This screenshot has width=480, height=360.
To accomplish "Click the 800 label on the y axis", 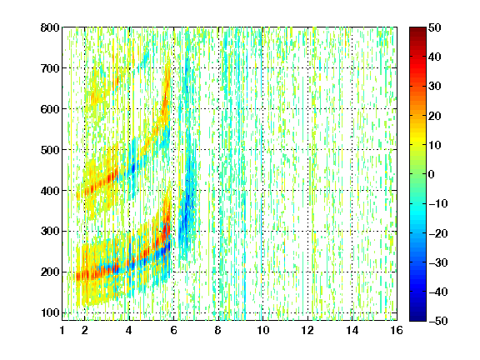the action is click(50, 27).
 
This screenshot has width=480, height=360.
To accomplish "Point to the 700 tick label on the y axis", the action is click(50, 68).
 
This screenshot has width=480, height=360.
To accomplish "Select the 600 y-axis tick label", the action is click(50, 109).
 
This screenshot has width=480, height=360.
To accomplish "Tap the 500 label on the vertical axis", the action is click(50, 150).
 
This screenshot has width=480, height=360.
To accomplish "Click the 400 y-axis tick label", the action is click(50, 191).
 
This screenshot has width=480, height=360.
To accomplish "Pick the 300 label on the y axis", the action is click(50, 232).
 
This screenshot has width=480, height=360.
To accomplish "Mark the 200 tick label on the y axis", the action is click(50, 272).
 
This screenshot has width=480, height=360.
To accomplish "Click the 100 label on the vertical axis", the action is click(50, 312).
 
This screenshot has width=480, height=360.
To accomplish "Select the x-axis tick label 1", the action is click(62, 330).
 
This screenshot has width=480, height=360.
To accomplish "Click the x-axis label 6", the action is click(174, 330).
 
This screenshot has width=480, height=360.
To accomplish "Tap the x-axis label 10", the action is click(263, 330).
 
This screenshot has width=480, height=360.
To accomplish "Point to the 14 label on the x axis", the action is click(352, 330).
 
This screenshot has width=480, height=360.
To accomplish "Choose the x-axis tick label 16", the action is click(397, 330).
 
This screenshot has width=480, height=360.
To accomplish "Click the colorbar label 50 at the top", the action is click(434, 27).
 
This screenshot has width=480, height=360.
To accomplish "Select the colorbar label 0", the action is click(432, 174).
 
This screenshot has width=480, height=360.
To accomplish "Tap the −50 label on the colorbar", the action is click(438, 321).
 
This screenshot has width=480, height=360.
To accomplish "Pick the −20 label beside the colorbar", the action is click(438, 233).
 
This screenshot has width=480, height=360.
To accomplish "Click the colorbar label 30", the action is click(434, 87).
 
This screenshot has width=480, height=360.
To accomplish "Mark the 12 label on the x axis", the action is click(307, 330).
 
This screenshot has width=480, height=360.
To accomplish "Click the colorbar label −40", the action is click(438, 292).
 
